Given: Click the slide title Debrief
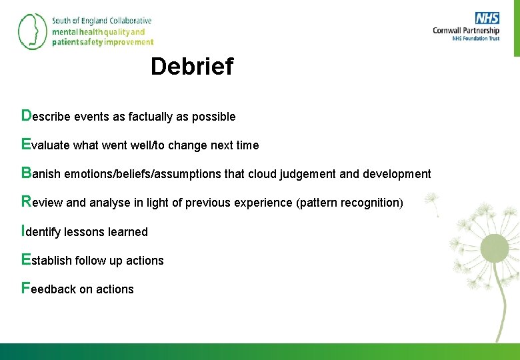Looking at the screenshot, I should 192,67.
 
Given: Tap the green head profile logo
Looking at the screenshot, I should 31,31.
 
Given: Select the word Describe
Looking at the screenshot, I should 46,116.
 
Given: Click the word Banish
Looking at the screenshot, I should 41,174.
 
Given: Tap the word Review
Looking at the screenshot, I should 43,202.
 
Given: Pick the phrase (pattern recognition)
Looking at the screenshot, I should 349,203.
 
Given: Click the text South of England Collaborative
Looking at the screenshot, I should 102,21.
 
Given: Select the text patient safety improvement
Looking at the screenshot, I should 103,42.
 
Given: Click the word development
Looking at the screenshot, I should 397,174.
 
